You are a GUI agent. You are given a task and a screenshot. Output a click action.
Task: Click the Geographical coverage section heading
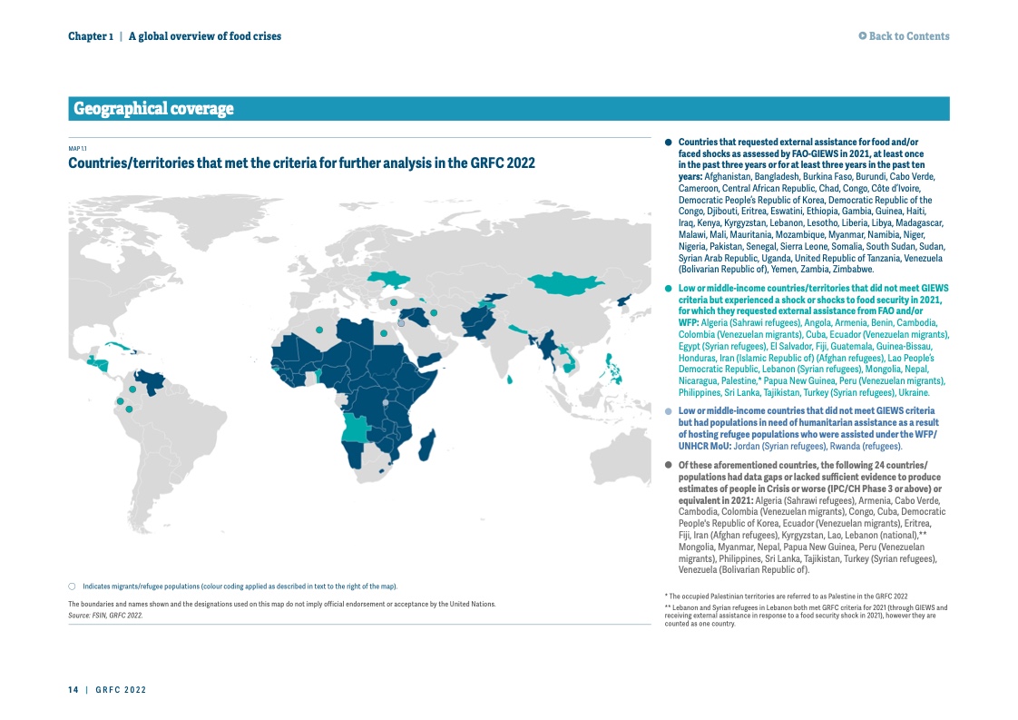[153, 109]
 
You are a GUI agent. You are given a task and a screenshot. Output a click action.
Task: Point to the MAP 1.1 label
[77, 149]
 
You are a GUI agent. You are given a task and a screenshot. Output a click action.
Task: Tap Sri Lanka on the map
[511, 380]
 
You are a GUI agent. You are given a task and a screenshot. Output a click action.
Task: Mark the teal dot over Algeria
[319, 330]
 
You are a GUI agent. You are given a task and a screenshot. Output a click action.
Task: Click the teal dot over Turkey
[393, 302]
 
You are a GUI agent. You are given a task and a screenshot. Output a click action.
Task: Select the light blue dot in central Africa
[386, 402]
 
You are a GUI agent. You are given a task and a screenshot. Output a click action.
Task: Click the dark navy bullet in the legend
[669, 143]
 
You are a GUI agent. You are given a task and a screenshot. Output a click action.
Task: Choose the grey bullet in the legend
[669, 465]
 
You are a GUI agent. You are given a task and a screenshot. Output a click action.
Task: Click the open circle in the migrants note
[72, 586]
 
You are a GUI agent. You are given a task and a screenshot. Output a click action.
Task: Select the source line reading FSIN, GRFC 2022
[105, 615]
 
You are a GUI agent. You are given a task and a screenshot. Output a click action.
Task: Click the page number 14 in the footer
[73, 690]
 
